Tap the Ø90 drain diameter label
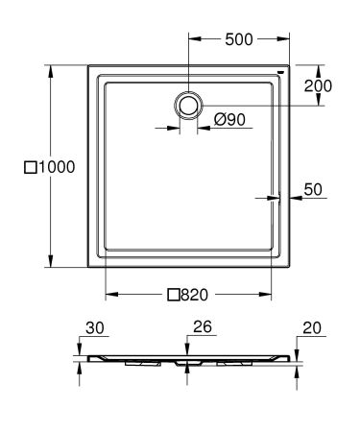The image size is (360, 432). pyautogui.click(x=230, y=120)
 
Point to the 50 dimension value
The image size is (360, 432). pyautogui.click(x=314, y=189)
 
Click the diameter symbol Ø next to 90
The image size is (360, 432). pyautogui.click(x=217, y=120)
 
